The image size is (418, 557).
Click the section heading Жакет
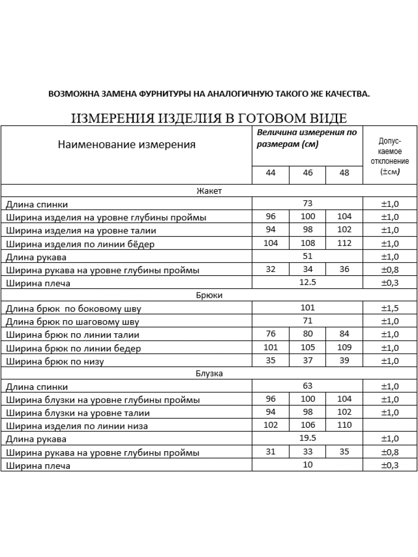[209, 191]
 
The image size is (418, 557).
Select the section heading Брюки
[209, 295]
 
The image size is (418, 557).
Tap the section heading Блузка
[209, 373]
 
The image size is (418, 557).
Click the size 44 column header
[271, 173]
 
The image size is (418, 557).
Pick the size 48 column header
[344, 173]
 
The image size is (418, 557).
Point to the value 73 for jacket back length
[307, 203]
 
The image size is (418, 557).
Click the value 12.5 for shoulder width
[307, 282]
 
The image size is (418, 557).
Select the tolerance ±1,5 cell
[390, 308]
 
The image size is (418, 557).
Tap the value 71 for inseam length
[307, 321]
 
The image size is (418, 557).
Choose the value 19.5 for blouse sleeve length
[307, 438]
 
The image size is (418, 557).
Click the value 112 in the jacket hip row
[344, 243]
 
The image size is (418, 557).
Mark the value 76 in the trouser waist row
[271, 334]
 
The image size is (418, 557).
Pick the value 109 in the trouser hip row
[344, 347]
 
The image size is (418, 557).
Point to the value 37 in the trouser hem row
[307, 360]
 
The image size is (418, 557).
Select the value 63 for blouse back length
[307, 386]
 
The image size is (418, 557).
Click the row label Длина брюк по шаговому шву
[72, 322]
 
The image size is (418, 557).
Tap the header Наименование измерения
[127, 144]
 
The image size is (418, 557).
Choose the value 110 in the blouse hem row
[344, 425]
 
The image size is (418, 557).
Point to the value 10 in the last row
[307, 464]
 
